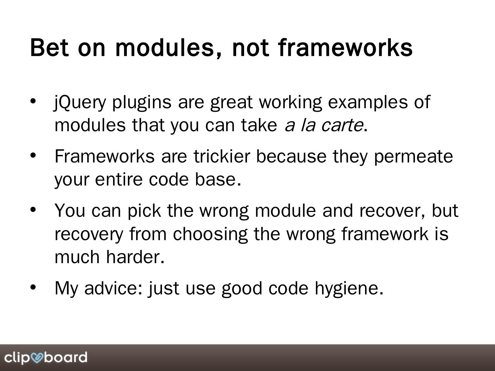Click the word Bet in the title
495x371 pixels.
[49, 47]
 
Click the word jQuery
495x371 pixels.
[80, 103]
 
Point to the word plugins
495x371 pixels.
[142, 103]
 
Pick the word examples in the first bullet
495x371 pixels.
[368, 103]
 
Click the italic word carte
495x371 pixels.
[342, 125]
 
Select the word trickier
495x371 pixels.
[222, 156]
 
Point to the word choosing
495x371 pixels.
[210, 235]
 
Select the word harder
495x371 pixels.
[135, 257]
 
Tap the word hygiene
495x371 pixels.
[349, 289]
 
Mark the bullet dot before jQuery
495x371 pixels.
[33, 101]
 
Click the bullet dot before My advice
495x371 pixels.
[33, 287]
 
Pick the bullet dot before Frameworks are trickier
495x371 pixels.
[33, 155]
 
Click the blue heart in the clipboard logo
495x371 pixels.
[37, 358]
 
